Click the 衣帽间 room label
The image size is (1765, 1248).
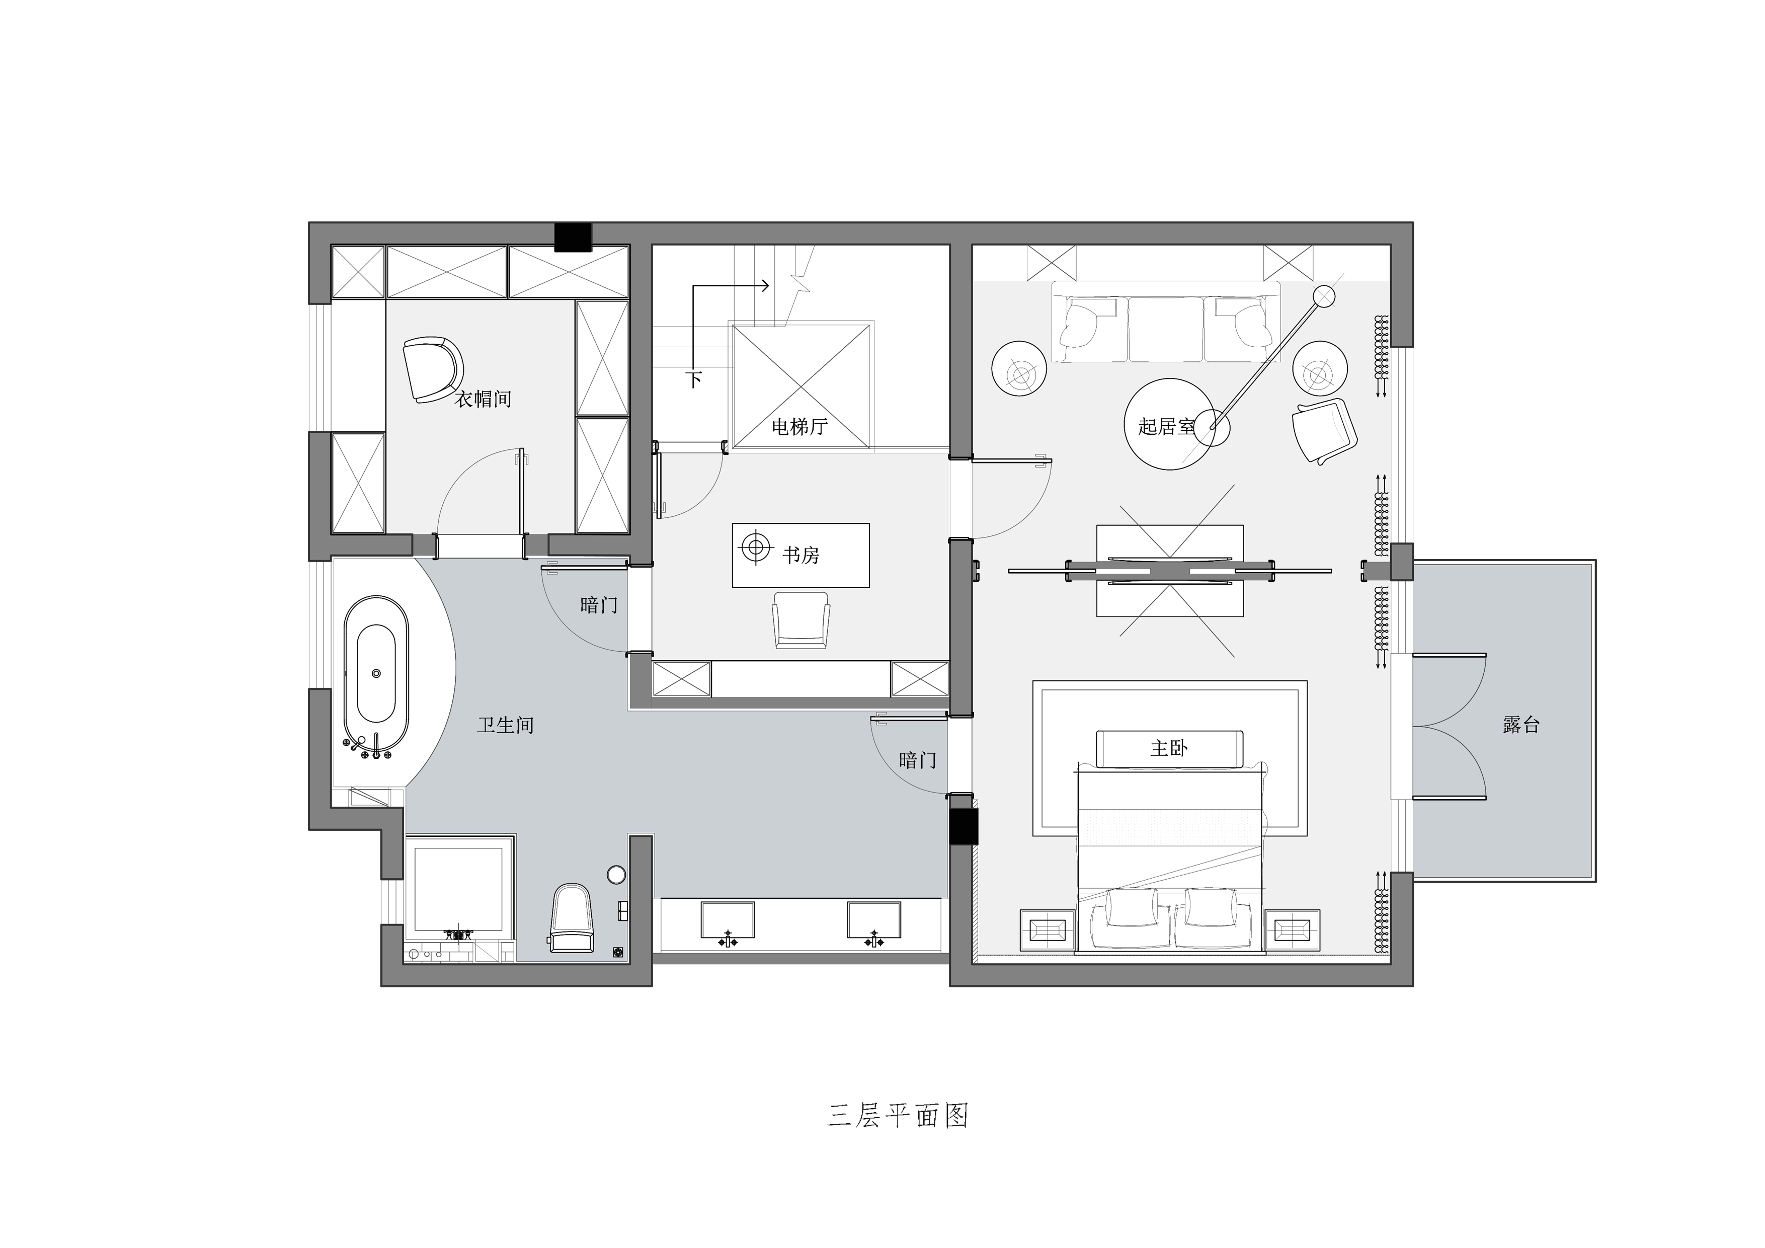(x=483, y=399)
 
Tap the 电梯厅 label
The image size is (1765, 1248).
(x=799, y=427)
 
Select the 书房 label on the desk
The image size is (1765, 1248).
(x=801, y=555)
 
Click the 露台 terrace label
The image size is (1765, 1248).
(x=1521, y=724)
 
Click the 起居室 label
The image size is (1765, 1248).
(x=1167, y=426)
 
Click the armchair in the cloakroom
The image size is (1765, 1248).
(x=432, y=368)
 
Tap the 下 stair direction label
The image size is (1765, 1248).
(x=694, y=379)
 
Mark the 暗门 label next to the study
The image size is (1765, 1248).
(x=599, y=605)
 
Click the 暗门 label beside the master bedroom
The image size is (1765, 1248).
(x=918, y=760)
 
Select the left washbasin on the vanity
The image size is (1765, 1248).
(x=727, y=921)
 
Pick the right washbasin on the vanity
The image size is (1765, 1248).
(x=873, y=921)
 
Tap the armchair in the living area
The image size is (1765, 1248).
(x=1324, y=431)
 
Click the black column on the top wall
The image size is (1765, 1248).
(x=574, y=237)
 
